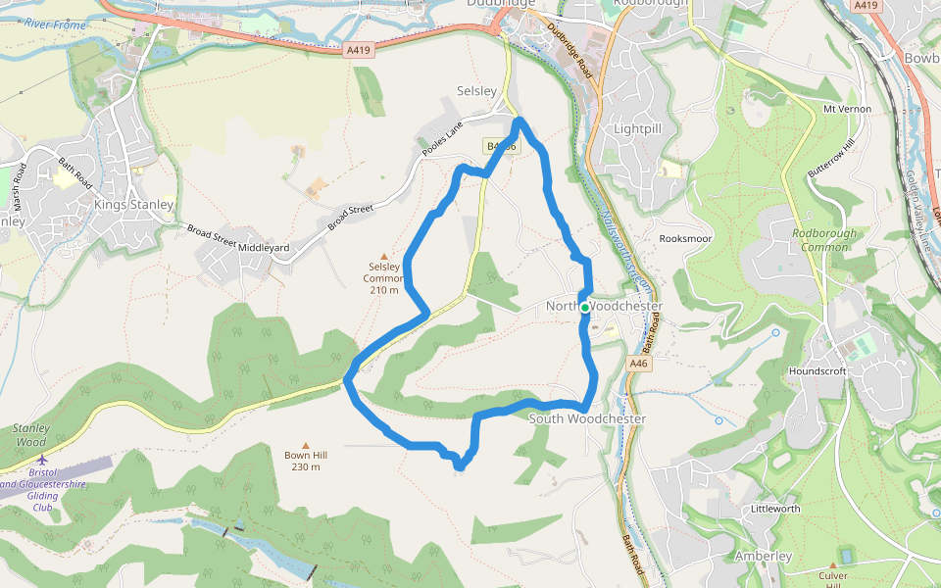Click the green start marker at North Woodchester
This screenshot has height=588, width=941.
(x=585, y=308)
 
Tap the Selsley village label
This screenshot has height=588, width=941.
(x=477, y=91)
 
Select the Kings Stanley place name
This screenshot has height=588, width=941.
(x=134, y=205)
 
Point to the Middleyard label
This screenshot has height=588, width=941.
(x=264, y=248)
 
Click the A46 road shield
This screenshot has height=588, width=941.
(x=639, y=364)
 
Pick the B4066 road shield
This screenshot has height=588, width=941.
(x=499, y=146)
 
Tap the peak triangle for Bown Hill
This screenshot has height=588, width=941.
(x=305, y=444)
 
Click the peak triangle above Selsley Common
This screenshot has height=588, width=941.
(x=383, y=256)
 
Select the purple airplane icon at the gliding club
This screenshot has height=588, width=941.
(x=41, y=459)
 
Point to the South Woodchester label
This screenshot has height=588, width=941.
(x=587, y=419)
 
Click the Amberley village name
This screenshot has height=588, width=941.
(x=763, y=557)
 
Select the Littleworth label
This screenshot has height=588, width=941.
(x=775, y=510)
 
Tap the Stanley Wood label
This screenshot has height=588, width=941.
(x=30, y=435)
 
